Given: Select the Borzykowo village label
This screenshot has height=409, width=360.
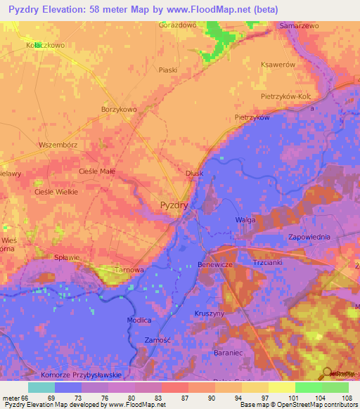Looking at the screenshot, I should [119, 110].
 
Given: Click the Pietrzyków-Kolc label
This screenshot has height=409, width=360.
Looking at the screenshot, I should [295, 95].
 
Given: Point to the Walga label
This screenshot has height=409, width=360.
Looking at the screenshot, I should [245, 220].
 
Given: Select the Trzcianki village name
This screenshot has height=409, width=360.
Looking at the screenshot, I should [266, 263].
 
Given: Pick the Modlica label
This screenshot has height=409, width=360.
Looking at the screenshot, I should [139, 320].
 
